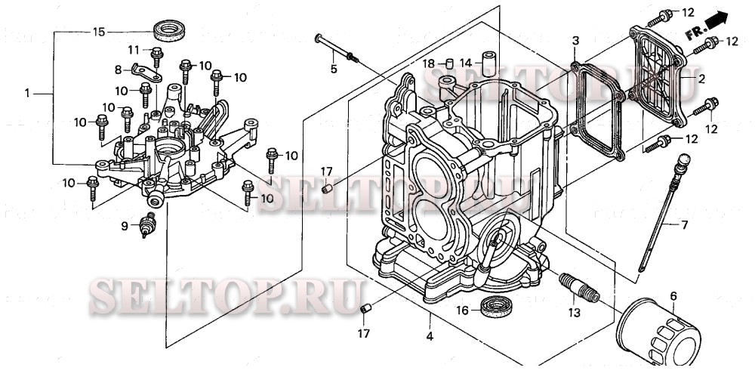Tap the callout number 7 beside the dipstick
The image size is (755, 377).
coord(685,225)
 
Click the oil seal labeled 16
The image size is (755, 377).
coord(497,307)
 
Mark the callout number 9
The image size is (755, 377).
coord(125,225)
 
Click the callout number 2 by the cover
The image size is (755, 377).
coord(701,79)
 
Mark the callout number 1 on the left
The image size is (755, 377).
coord(27,94)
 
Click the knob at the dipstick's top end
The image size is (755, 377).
coord(684,160)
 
